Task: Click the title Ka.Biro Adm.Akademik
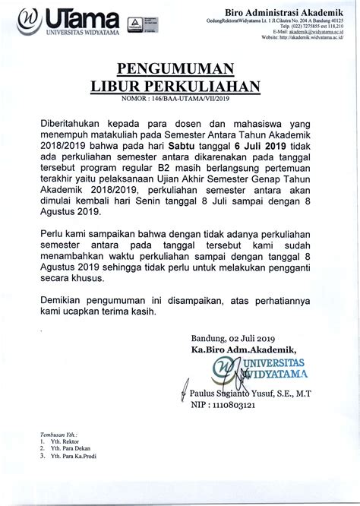coord(245,349)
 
